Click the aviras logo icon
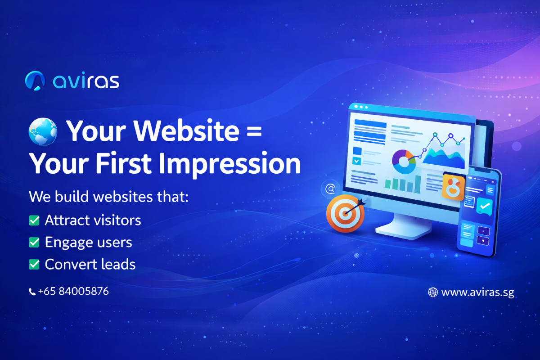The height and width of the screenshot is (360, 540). tap(35, 81)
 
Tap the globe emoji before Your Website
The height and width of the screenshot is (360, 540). tap(43, 132)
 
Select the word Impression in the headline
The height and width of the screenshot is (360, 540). tap(229, 164)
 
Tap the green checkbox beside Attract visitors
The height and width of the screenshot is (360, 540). tap(34, 220)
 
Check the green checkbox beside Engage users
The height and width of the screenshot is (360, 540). tap(34, 242)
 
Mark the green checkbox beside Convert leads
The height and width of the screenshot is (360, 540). tap(34, 264)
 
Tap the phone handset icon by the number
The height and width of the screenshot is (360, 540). tap(32, 292)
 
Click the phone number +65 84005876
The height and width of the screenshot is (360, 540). tap(73, 291)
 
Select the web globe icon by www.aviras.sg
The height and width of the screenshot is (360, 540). tap(433, 292)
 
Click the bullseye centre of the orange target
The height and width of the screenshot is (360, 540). tap(346, 213)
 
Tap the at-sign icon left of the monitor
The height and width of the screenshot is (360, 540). tap(330, 189)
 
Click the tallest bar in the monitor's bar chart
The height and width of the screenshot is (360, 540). tap(418, 184)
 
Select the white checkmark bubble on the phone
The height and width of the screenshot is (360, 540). tap(485, 206)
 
